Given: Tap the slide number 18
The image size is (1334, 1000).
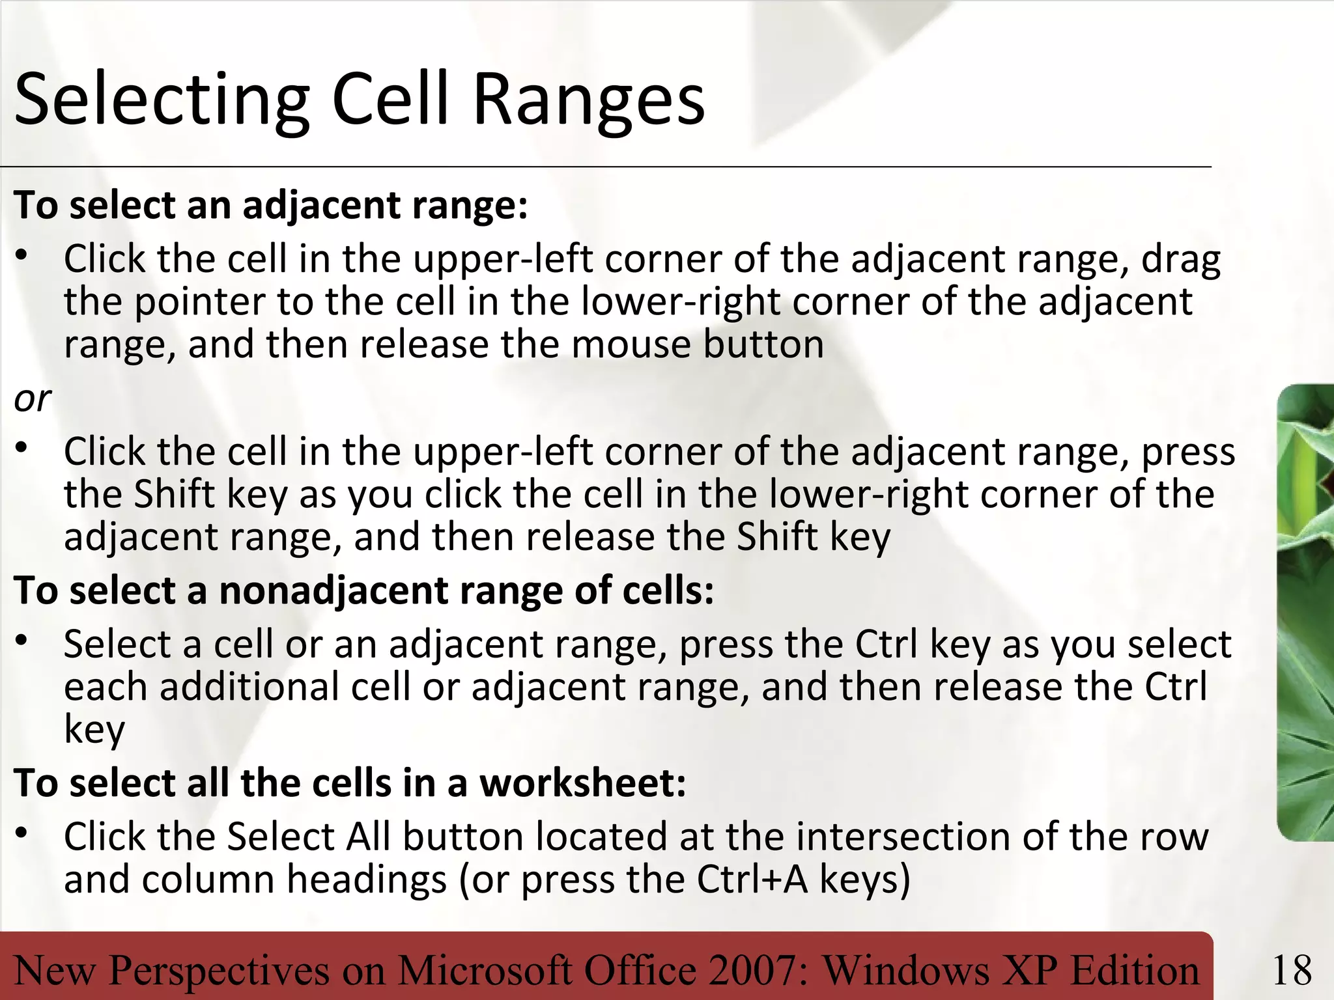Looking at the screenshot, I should [x=1292, y=970].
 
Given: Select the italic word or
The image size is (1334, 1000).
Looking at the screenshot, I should [x=32, y=398].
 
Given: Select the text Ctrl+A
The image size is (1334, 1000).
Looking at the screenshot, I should [x=752, y=880].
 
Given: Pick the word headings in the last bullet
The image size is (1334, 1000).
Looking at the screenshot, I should [x=367, y=880].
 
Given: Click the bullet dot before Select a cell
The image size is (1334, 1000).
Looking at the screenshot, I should [x=22, y=641].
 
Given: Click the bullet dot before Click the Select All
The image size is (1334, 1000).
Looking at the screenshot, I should [x=22, y=833].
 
